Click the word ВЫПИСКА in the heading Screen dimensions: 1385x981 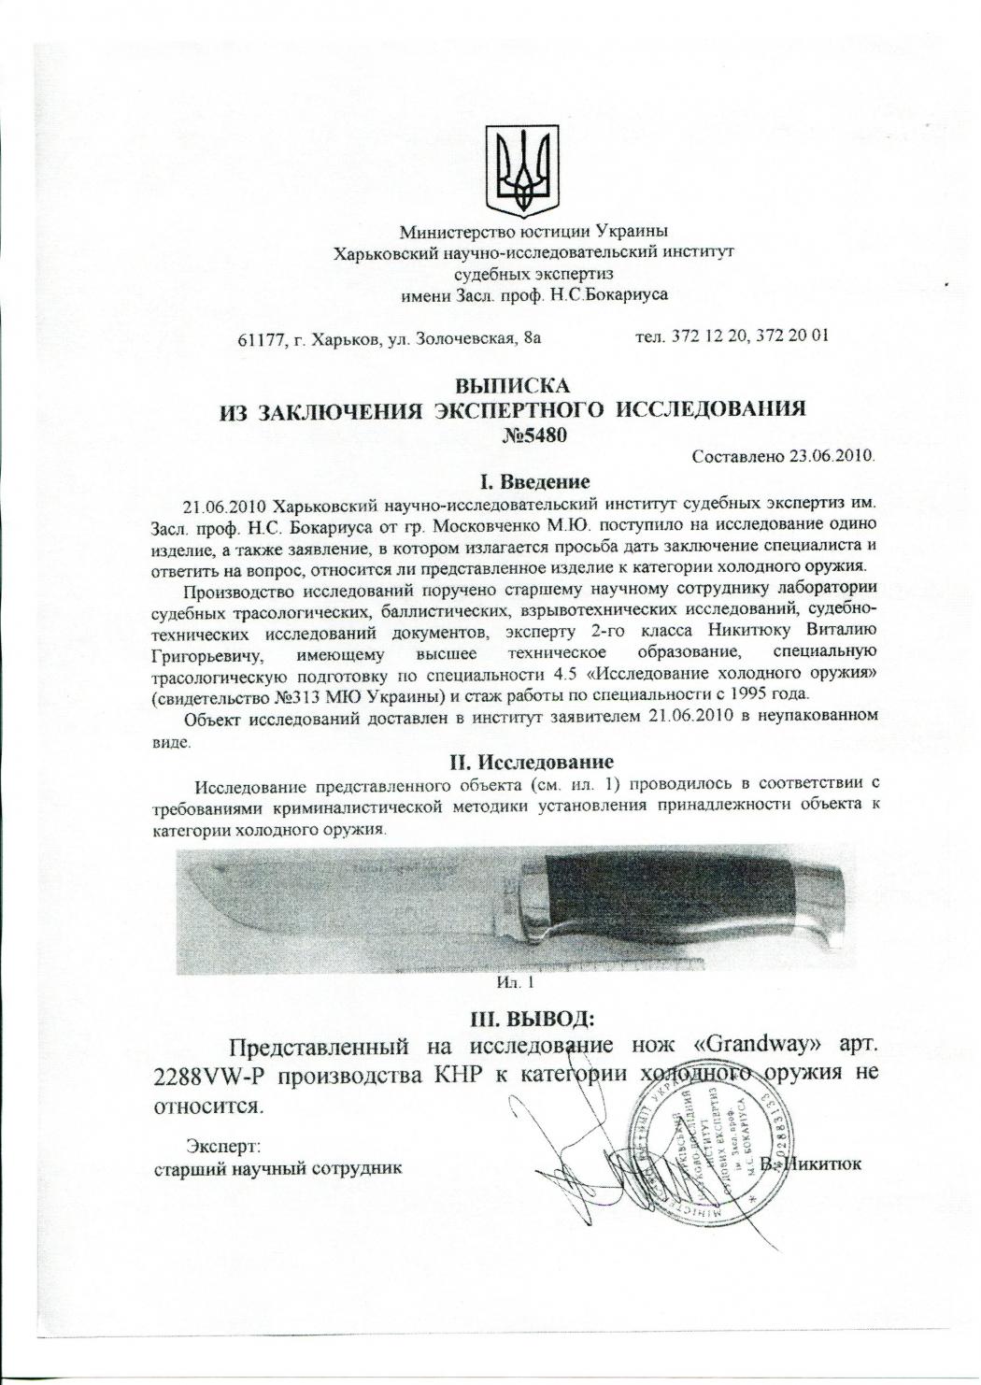pyautogui.click(x=511, y=385)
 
